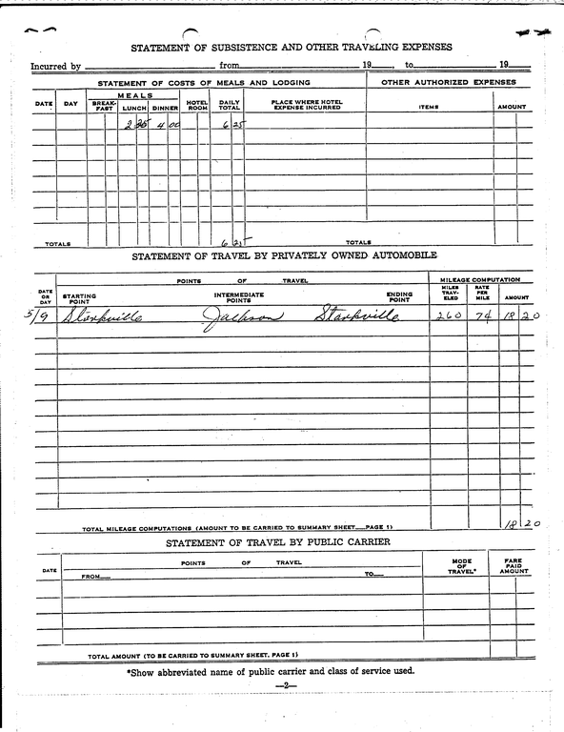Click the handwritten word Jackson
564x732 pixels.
[x=242, y=317]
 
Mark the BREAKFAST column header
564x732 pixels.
[x=104, y=106]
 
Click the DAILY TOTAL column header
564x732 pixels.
[x=230, y=105]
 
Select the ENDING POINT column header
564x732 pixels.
[x=399, y=297]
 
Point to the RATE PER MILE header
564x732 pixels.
[x=482, y=293]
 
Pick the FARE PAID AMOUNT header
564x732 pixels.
[x=514, y=566]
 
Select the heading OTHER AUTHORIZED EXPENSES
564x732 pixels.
[x=448, y=83]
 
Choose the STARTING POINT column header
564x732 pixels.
[x=79, y=297]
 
